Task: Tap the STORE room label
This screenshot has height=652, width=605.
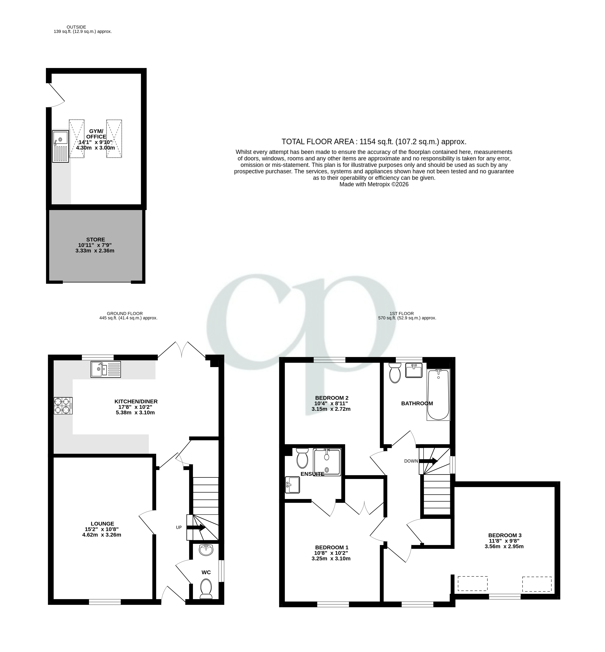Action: tap(96, 240)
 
